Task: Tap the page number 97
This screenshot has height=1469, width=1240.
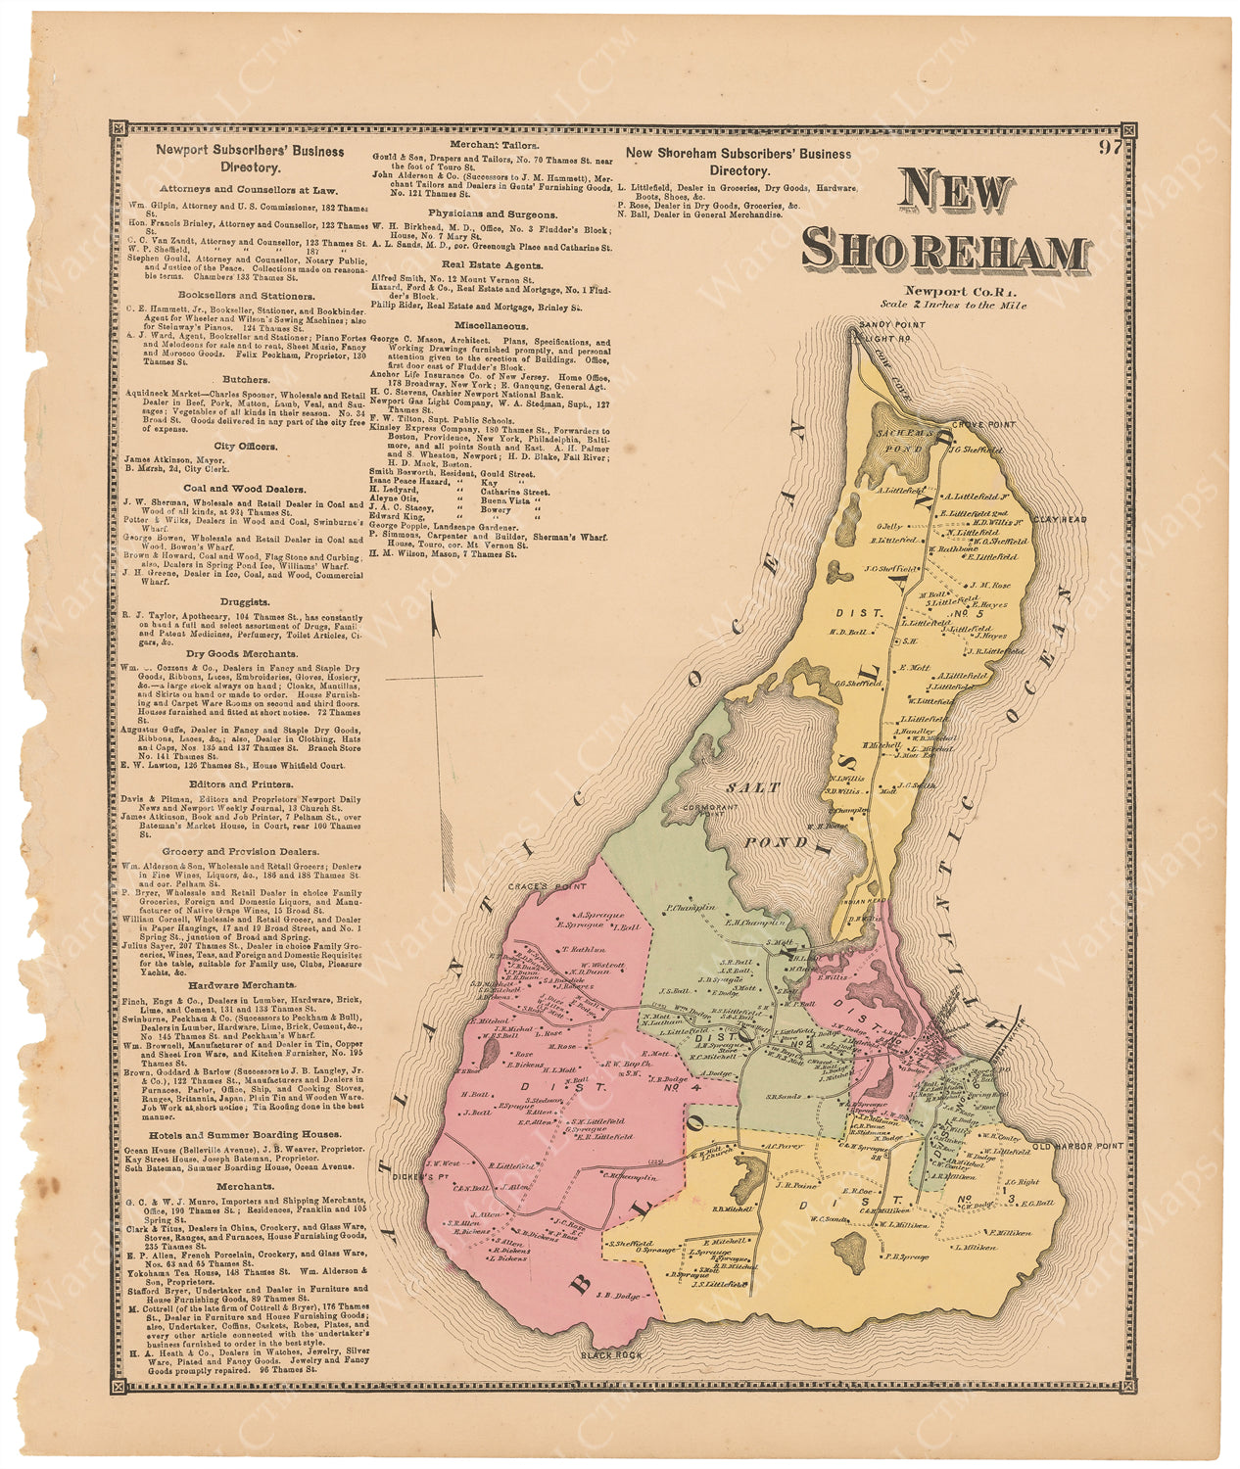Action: [x=1109, y=149]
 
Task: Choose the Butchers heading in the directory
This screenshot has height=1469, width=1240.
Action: [x=245, y=379]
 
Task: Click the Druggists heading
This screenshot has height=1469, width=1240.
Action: [x=245, y=602]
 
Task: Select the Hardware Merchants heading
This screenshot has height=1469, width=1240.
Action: [x=245, y=984]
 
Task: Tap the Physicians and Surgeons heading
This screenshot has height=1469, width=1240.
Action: [x=492, y=213]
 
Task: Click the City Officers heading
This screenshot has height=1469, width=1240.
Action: [x=245, y=446]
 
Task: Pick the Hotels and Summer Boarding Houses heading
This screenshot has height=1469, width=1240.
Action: [x=245, y=1134]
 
